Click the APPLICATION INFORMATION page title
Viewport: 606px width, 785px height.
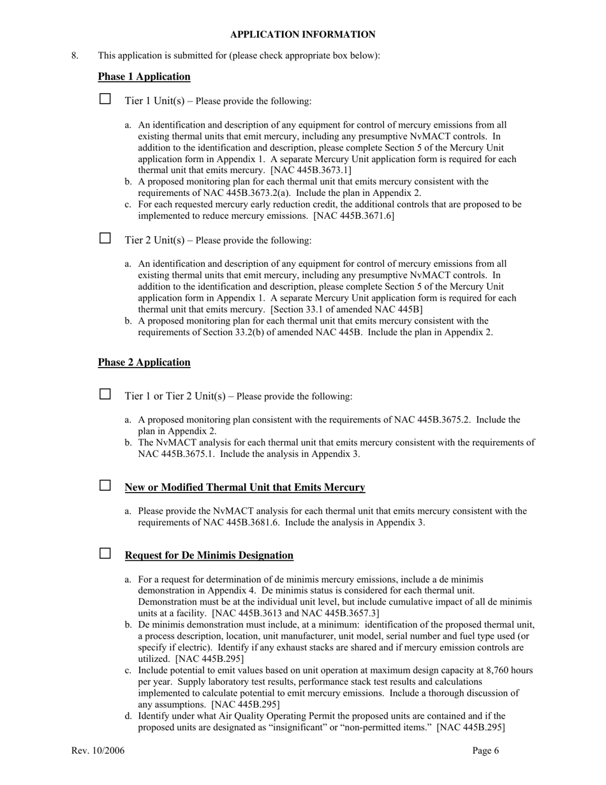click(302, 34)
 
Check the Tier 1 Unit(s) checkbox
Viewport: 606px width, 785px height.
click(105, 100)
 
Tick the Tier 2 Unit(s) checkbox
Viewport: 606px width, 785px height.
click(105, 239)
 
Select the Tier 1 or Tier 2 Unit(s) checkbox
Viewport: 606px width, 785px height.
click(105, 394)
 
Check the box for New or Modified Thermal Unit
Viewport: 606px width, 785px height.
click(105, 486)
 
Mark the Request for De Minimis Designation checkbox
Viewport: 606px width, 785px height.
click(105, 553)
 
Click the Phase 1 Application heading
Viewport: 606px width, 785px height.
click(144, 77)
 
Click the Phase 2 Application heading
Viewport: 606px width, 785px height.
click(144, 363)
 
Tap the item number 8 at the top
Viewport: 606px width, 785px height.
click(75, 56)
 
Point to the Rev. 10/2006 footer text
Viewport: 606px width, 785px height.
click(98, 751)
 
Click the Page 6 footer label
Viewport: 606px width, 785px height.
click(485, 751)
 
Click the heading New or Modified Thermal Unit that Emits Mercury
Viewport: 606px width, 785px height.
click(245, 488)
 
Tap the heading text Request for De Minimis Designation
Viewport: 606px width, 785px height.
click(209, 555)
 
